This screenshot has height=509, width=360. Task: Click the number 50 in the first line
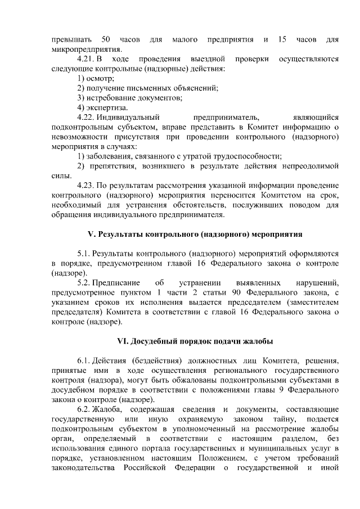click(x=106, y=40)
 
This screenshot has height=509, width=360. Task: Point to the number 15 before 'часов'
click(x=282, y=40)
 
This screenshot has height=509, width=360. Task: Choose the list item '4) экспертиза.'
click(x=103, y=107)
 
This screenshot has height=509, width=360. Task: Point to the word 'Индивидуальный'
click(x=129, y=118)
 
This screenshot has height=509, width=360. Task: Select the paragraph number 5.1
click(x=83, y=254)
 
